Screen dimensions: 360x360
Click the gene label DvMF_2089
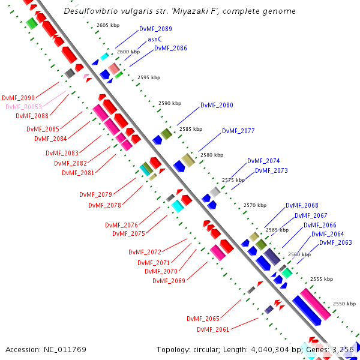point(155,29)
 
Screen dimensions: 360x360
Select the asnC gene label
point(155,39)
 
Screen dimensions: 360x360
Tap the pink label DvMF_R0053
point(23,107)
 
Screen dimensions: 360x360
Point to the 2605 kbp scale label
point(108,25)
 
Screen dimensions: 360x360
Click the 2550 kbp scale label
point(344,304)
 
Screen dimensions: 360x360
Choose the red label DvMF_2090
point(18,98)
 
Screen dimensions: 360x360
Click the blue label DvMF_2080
point(217,105)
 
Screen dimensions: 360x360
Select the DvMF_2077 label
point(238,131)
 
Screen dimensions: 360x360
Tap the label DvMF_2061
point(213,329)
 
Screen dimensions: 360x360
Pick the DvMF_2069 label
point(169,281)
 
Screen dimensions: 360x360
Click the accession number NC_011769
point(65,350)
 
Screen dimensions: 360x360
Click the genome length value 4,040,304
point(270,350)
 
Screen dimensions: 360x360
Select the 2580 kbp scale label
point(212,155)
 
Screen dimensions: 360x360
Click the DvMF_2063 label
point(335,242)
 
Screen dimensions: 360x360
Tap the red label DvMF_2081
point(78,173)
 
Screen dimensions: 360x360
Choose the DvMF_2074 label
point(263,161)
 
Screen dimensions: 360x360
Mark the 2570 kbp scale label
point(255,205)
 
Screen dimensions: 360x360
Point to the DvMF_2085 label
point(43,129)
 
